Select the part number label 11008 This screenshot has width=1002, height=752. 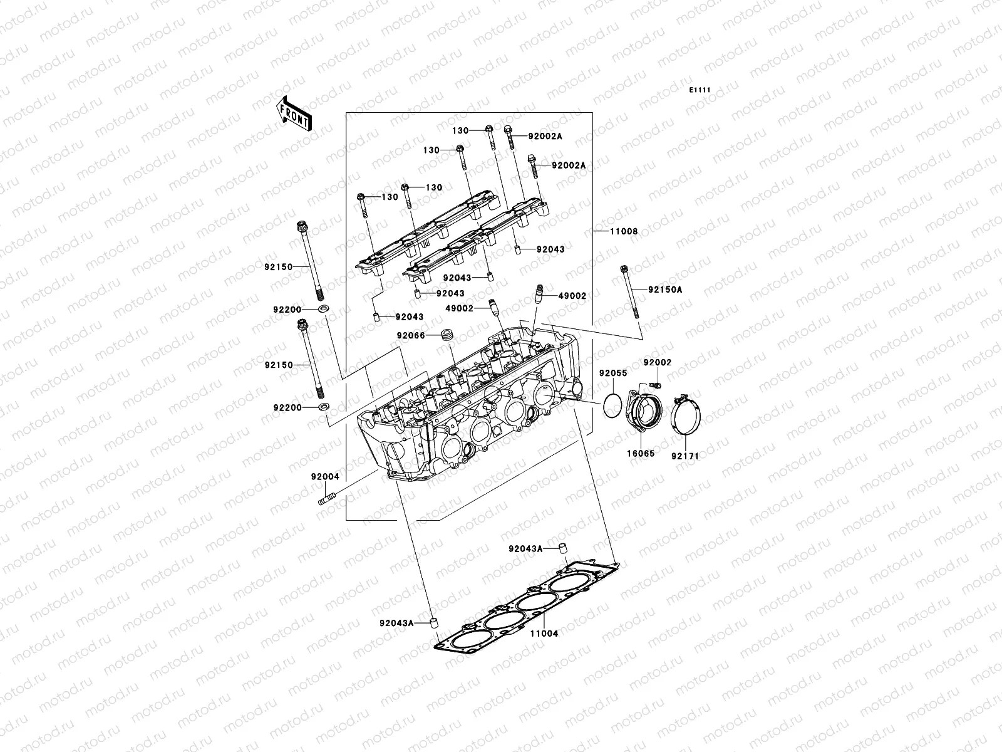624,231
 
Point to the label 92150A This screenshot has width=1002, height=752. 665,290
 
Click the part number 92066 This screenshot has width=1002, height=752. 410,335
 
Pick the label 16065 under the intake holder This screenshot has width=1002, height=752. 639,453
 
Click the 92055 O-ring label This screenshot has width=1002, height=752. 612,373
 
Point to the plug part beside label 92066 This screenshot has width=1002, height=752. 447,334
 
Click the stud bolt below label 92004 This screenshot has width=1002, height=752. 327,499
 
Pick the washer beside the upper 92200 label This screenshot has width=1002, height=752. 324,310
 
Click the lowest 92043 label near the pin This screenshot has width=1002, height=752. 409,317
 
